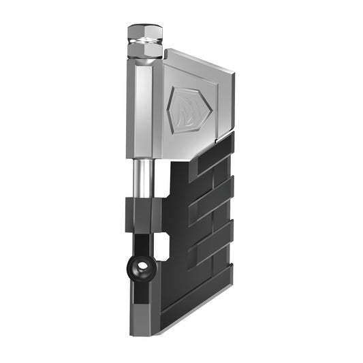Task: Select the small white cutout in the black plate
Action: (x=163, y=247)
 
